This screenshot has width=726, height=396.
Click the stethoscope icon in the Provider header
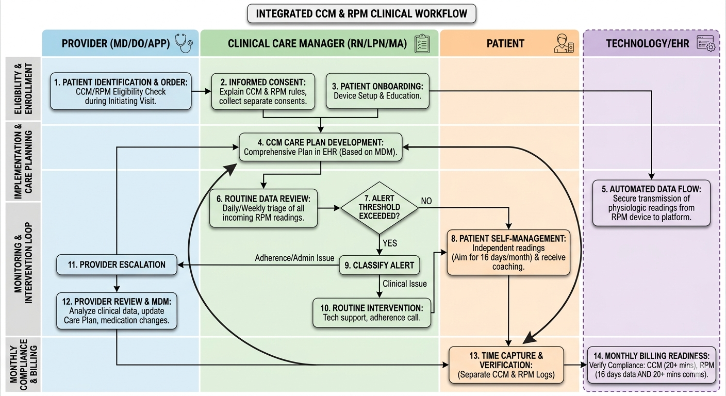(184, 43)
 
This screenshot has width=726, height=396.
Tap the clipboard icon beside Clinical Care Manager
(422, 43)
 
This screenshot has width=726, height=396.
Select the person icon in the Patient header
(564, 43)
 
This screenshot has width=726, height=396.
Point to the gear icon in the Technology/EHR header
(711, 47)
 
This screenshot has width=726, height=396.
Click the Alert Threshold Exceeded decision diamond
(379, 207)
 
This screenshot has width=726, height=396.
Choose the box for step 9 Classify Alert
(379, 265)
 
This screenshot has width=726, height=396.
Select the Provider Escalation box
(117, 265)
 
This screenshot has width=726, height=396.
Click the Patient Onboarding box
(377, 91)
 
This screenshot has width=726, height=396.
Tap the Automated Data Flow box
(651, 203)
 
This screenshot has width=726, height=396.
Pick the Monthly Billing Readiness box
(651, 365)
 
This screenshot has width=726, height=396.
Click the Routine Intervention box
(372, 312)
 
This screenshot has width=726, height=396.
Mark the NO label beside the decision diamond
(426, 201)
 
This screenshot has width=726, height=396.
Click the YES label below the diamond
(390, 243)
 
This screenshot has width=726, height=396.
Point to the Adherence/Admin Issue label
(294, 258)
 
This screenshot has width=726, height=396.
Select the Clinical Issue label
(404, 284)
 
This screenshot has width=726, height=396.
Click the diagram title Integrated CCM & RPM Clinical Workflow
(361, 13)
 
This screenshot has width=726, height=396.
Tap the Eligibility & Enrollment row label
(23, 89)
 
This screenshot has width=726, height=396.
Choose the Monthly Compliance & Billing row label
(24, 365)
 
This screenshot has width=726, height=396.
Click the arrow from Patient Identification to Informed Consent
(201, 91)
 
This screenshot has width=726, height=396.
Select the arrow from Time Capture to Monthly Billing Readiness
(575, 365)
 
